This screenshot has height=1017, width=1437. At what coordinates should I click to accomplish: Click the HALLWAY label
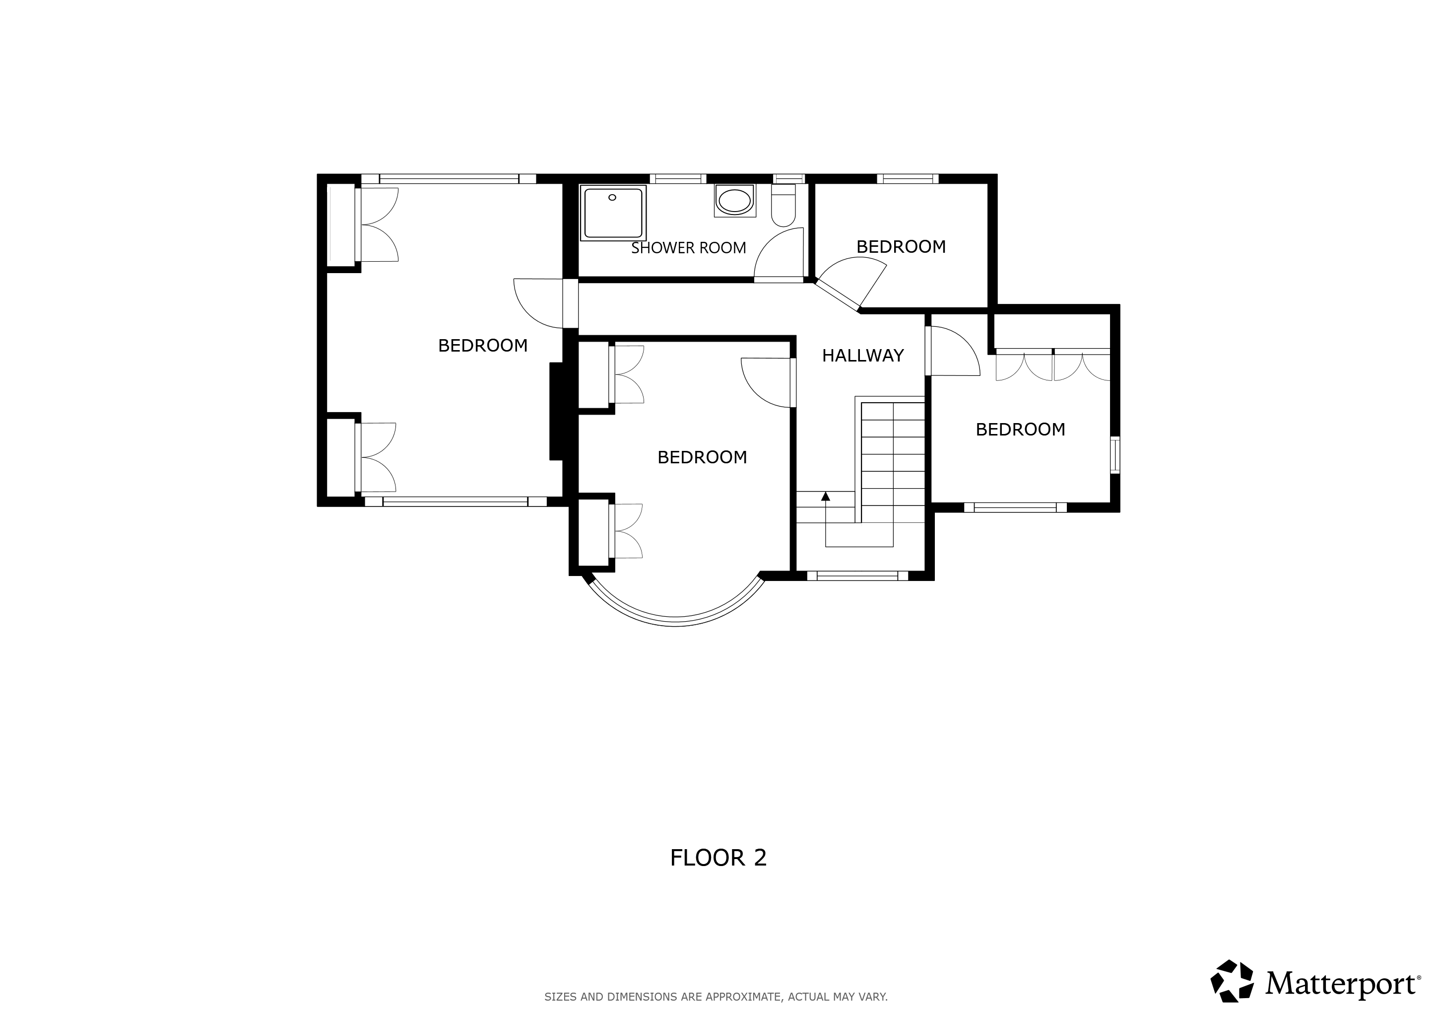pos(862,356)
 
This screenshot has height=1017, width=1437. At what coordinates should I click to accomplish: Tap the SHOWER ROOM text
pos(688,248)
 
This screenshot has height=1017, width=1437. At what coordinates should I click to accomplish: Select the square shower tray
pos(613,213)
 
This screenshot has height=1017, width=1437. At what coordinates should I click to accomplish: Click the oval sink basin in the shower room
pos(735,201)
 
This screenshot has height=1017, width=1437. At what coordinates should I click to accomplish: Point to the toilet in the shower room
pos(784,205)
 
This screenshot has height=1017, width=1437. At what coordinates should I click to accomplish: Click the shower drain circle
pos(612,197)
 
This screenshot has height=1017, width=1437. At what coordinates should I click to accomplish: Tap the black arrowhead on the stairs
pos(826,496)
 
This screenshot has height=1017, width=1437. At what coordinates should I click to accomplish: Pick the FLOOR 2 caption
pos(718,858)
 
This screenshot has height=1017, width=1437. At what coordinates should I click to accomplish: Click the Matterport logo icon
pos(1232,981)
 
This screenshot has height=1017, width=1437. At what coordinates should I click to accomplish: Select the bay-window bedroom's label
pos(702,457)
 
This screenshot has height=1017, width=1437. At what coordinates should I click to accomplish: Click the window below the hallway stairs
pos(857,576)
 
